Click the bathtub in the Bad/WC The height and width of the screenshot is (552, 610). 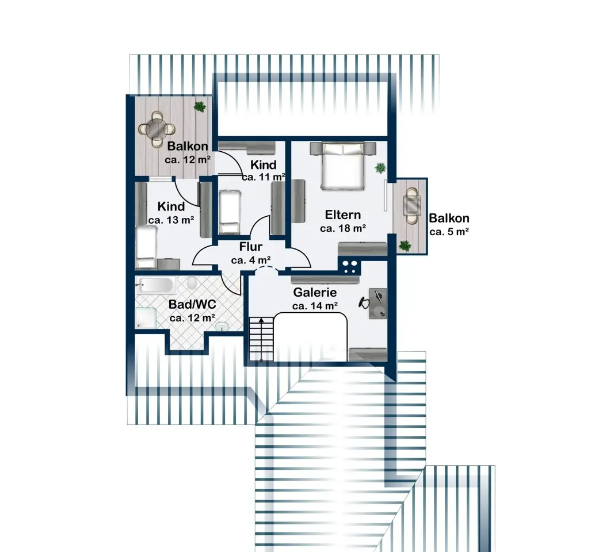pos(157,285)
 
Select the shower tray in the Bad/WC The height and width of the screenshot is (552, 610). pos(146,317)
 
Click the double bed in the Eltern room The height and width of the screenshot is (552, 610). pos(343,166)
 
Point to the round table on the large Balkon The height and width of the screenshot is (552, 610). pos(157,128)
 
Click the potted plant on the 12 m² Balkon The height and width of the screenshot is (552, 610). pos(200,106)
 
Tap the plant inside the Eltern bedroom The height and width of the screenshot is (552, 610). pos(380,168)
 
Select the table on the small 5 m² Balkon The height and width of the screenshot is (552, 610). pos(412,205)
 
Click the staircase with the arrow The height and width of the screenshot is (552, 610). pos(261,339)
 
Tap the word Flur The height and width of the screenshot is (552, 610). pos(250,247)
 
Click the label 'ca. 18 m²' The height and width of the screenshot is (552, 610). pos(343,228)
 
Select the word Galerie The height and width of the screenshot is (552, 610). pos(315,292)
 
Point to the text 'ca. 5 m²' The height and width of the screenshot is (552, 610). pos(449,232)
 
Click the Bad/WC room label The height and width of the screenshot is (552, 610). pos(192,304)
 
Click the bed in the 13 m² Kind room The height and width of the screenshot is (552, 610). pos(146,248)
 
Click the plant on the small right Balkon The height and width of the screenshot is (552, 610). pos(405,246)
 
